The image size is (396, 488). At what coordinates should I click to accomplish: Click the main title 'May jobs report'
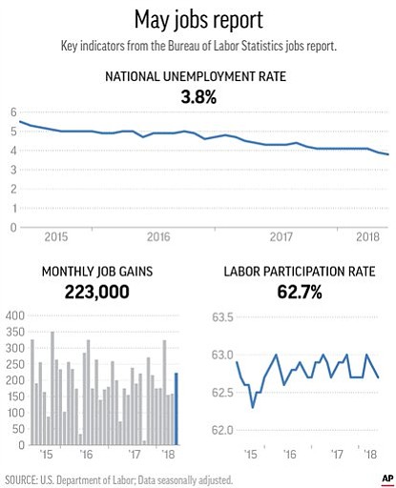[198, 20]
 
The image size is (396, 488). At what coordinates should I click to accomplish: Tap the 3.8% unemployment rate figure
[198, 96]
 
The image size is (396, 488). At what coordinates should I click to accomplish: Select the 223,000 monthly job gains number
[97, 292]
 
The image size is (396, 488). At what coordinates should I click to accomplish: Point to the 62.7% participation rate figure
[300, 292]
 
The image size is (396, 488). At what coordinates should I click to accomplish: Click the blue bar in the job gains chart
[177, 409]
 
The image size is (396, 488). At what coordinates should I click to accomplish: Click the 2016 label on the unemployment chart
[158, 237]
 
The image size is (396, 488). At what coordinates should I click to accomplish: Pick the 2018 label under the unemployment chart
[367, 237]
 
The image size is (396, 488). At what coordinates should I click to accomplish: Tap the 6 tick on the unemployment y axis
[13, 112]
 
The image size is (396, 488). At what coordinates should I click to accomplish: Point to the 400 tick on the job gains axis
[15, 315]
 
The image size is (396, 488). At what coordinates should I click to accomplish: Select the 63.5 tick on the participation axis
[222, 317]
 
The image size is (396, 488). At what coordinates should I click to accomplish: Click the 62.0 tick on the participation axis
[222, 430]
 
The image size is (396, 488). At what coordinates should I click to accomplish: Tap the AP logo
[387, 478]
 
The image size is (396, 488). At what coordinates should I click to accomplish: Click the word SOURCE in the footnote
[19, 479]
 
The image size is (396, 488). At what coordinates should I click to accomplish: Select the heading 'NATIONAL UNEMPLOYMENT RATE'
[196, 76]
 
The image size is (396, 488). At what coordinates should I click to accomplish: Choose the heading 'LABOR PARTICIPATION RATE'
[300, 272]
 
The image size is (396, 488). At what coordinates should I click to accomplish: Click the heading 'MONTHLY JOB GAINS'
[97, 272]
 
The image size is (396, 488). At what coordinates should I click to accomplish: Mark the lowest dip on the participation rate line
[253, 408]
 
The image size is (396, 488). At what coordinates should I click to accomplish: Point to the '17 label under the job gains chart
[135, 455]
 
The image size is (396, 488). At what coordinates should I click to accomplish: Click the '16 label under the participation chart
[290, 455]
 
